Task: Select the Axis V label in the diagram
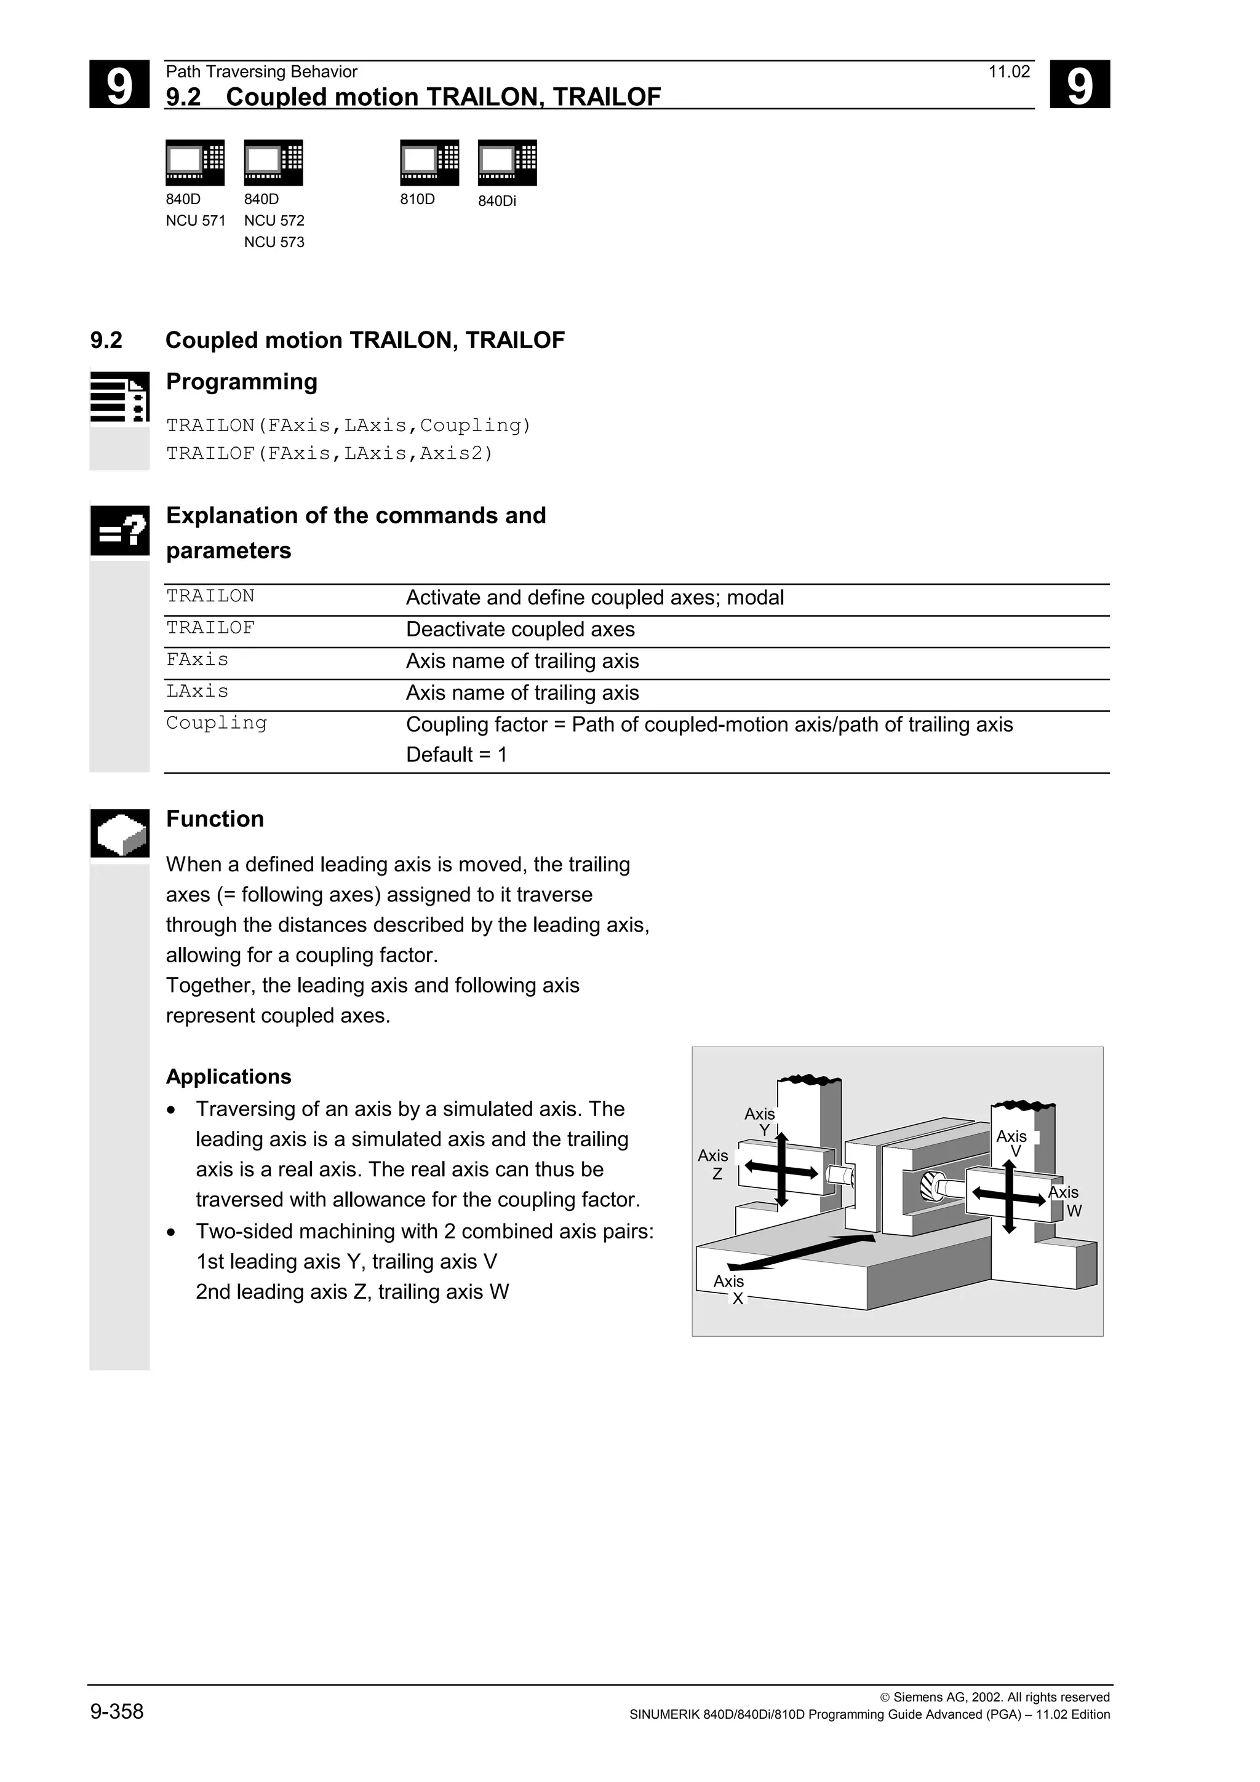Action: click(x=1011, y=1143)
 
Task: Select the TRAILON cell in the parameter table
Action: click(x=210, y=596)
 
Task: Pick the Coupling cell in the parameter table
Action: click(x=217, y=723)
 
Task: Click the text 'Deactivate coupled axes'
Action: click(x=520, y=630)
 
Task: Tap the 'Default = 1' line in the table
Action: click(x=457, y=754)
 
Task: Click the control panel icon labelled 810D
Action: click(x=429, y=163)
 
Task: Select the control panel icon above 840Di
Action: click(x=507, y=163)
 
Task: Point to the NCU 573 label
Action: click(x=274, y=242)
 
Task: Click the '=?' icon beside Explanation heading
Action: click(x=119, y=531)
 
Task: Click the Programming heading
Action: click(x=241, y=382)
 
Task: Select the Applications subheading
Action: click(x=228, y=1077)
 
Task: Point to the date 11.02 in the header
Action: click(x=1008, y=72)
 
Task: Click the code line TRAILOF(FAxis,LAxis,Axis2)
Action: click(x=329, y=453)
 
